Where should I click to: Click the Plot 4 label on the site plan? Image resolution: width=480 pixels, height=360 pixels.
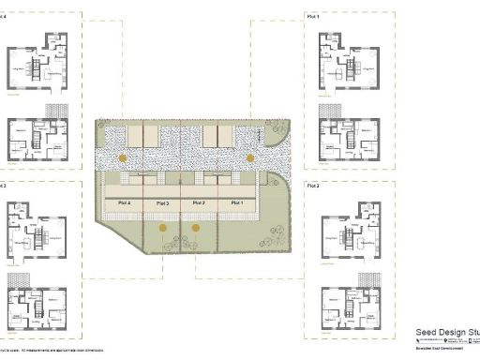(123, 202)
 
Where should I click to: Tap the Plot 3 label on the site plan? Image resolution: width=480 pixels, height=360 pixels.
(161, 202)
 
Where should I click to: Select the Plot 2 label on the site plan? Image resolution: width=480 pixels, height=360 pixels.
(199, 202)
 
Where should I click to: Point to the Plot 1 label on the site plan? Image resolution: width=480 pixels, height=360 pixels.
(236, 202)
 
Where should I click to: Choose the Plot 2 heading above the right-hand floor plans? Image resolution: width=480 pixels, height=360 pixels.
(313, 187)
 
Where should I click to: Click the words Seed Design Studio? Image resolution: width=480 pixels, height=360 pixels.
(447, 333)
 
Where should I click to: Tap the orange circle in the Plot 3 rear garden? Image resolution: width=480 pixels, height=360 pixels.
(162, 227)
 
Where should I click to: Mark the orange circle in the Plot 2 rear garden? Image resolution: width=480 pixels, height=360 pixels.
(196, 227)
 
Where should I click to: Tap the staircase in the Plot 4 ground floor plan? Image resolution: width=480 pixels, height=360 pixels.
(35, 67)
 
